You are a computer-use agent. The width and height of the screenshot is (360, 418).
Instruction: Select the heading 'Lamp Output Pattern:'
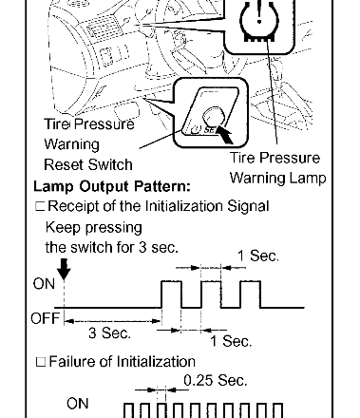pos(112,186)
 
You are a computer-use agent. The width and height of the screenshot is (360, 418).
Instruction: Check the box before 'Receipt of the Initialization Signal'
pos(40,206)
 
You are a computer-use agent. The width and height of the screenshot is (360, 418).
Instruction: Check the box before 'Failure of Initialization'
pos(41,362)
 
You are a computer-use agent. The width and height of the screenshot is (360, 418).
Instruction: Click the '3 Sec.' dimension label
pos(109,332)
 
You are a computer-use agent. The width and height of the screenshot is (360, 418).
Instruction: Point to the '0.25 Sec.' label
pos(216,380)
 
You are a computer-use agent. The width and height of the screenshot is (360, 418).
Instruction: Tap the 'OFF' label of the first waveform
pos(46,318)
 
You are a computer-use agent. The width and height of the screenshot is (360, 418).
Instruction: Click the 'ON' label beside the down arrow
pos(44,284)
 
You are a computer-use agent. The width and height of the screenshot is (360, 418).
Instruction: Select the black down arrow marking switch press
pos(64,269)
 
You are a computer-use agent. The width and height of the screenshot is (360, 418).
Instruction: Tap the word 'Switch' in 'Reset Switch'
pos(110,164)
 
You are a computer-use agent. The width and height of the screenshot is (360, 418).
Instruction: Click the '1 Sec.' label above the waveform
pos(258,256)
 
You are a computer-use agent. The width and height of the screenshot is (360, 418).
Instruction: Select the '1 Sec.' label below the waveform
pos(231,341)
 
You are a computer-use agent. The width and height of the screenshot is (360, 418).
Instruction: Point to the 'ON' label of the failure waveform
pos(78,404)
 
